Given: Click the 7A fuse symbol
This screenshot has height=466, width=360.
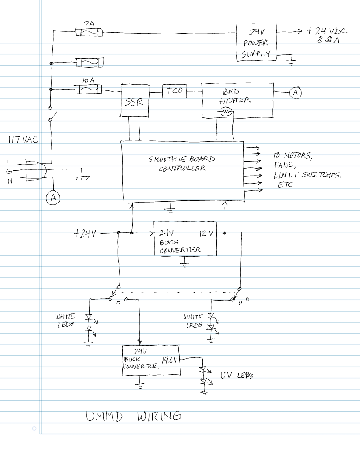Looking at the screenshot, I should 89,33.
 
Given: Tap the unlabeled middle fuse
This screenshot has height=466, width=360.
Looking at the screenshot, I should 90,63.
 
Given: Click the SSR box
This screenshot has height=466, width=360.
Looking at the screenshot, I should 133,101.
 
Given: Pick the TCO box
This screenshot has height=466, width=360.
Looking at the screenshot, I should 174,91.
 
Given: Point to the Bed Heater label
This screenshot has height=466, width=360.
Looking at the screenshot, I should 234,96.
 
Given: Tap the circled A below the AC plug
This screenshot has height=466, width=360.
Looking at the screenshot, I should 53,199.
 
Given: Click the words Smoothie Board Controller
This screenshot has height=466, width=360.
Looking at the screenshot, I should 182,164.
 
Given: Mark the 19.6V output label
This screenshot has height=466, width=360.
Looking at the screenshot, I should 169,360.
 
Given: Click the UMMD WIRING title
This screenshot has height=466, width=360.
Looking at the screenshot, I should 134,415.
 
